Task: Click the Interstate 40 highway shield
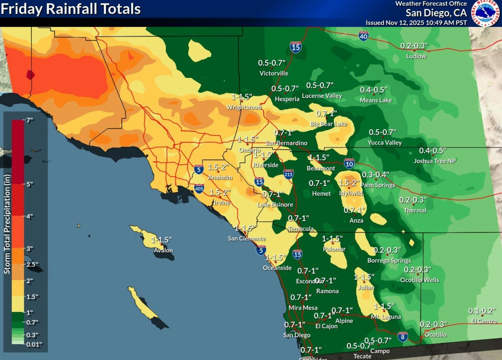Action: click(x=363, y=36)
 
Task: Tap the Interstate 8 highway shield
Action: click(x=403, y=337)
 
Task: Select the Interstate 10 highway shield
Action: click(x=349, y=164)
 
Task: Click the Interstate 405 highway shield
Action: click(x=199, y=188)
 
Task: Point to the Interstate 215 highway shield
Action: click(x=288, y=174)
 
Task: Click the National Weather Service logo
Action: click(x=486, y=13)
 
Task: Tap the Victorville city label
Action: click(x=274, y=73)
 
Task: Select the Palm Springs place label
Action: click(x=378, y=185)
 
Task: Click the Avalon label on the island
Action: click(x=163, y=250)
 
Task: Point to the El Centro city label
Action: click(x=484, y=321)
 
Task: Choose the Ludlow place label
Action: click(x=416, y=56)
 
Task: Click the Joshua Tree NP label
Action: click(x=434, y=161)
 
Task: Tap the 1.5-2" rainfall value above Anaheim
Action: click(x=218, y=167)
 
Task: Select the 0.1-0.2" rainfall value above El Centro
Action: click(x=482, y=311)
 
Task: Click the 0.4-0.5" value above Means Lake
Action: click(x=373, y=90)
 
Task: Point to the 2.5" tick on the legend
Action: click(x=32, y=264)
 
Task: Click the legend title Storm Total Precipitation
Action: click(x=7, y=224)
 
